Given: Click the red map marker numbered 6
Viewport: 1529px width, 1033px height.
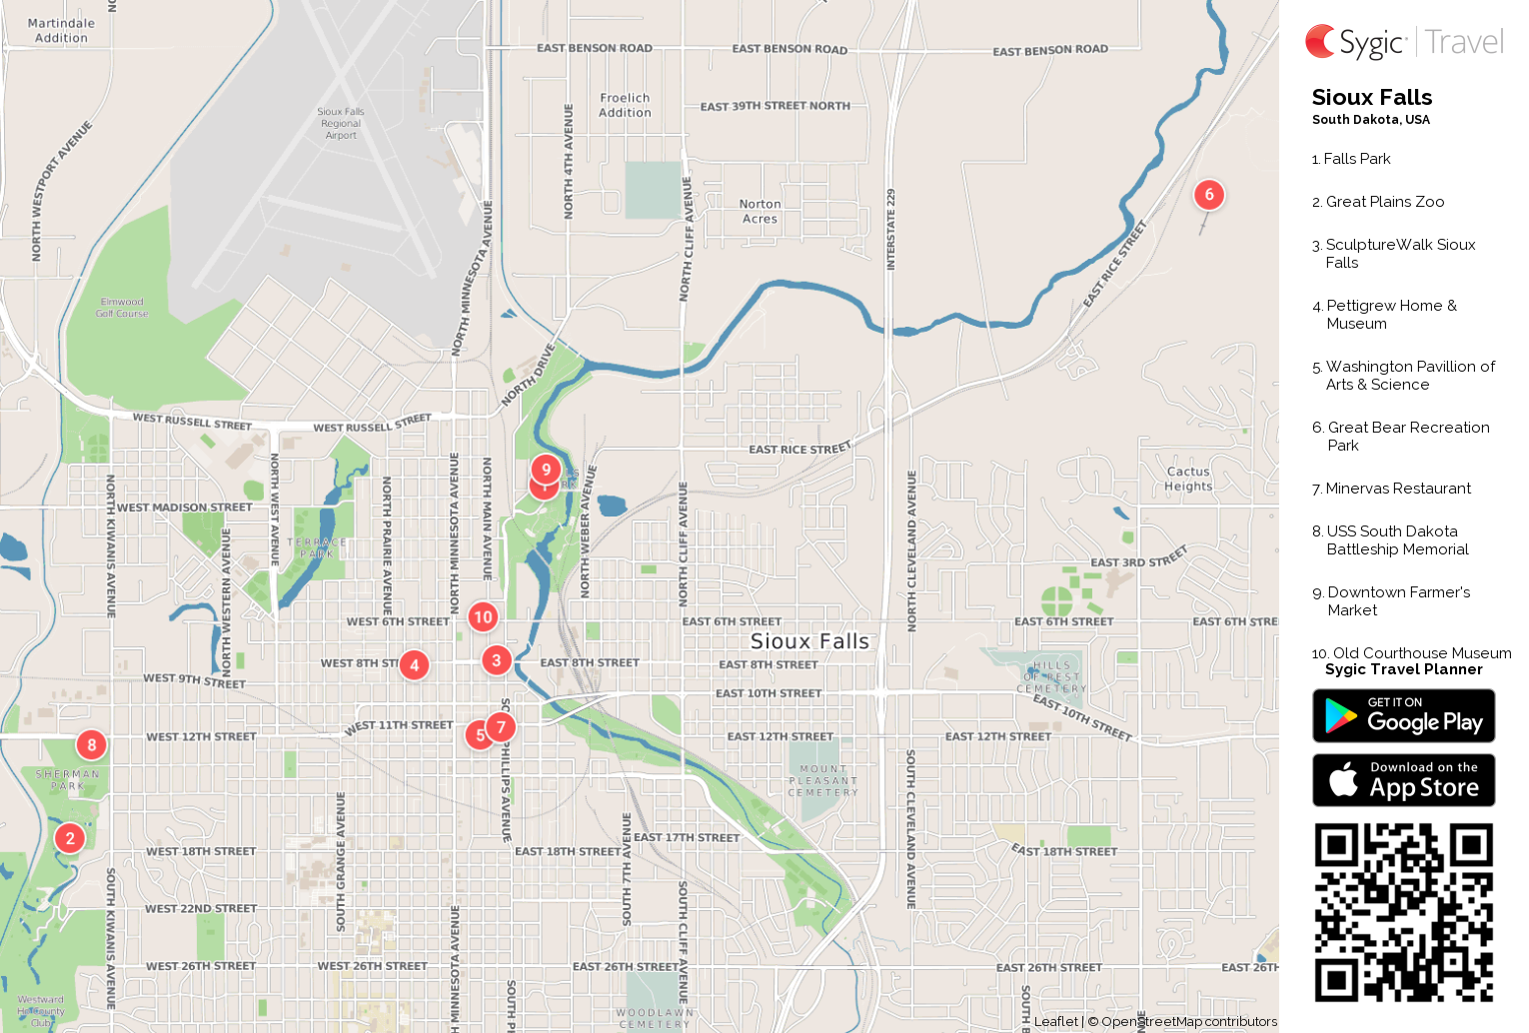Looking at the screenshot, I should point(1209,195).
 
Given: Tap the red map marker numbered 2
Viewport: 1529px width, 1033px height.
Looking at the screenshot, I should point(70,838).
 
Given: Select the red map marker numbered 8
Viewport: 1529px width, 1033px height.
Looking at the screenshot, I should point(92,744).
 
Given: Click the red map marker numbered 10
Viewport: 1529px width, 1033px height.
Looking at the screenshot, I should point(483,616).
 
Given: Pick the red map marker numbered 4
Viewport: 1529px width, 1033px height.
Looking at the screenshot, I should point(414,665).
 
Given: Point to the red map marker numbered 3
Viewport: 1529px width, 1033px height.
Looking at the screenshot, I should point(497,660).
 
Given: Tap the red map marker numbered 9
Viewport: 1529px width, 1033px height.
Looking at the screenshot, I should point(546,469).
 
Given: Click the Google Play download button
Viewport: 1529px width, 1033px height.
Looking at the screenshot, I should point(1403,716).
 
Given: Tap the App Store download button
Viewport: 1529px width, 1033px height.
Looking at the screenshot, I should point(1403,780).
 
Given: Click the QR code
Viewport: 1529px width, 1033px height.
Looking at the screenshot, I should point(1403,912).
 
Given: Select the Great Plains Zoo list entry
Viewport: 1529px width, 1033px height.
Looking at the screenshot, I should point(1384,202).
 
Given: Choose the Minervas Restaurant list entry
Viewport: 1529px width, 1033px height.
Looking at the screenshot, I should point(1397,489).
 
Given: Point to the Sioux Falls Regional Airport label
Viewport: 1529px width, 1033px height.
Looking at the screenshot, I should point(341,124).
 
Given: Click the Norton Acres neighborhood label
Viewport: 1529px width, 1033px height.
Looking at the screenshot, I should point(761,211).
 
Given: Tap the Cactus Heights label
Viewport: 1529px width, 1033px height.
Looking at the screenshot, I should point(1188,479).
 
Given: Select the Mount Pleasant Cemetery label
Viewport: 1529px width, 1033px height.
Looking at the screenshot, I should point(822,780).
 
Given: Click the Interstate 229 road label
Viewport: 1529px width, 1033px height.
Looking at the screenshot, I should point(890,230).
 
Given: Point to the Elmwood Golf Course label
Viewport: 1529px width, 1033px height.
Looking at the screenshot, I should point(122,308).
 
